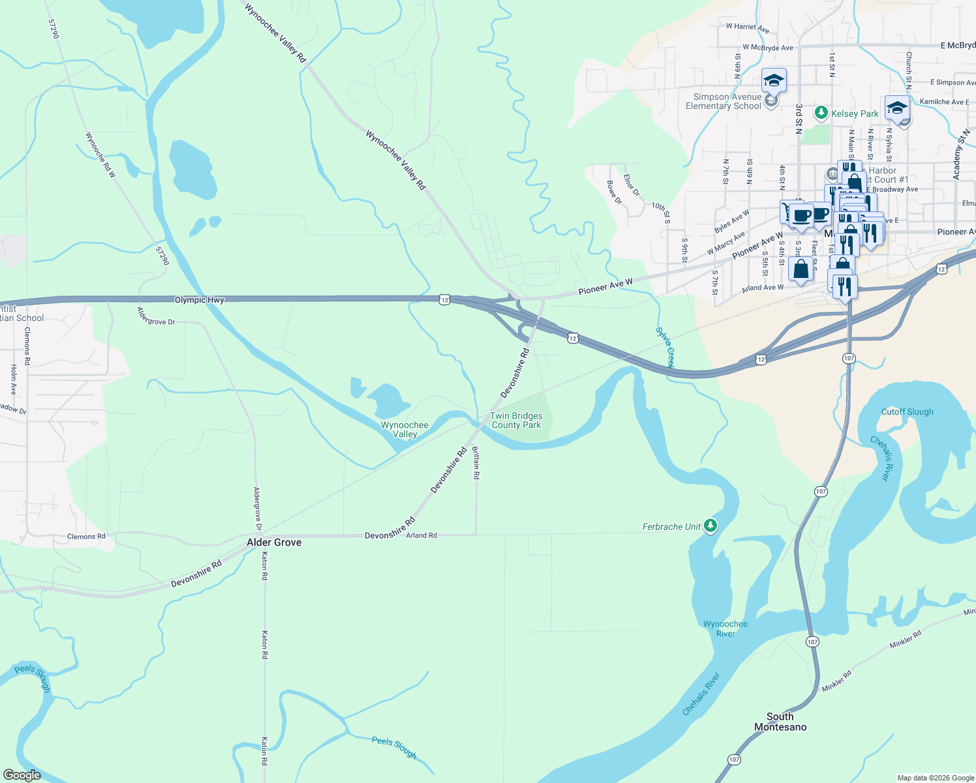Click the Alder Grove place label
click(x=274, y=542)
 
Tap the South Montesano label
click(x=780, y=722)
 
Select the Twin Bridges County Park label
click(x=516, y=420)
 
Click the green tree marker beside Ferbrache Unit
click(x=710, y=526)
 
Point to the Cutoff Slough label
click(x=907, y=412)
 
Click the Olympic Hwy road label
click(x=199, y=300)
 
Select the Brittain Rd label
click(x=476, y=463)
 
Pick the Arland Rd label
click(x=421, y=535)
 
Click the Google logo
click(x=22, y=775)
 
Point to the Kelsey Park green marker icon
click(x=821, y=113)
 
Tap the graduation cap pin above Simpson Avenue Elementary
click(x=774, y=80)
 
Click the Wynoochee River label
click(x=725, y=628)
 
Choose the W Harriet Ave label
click(x=747, y=27)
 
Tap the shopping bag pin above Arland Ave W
click(x=801, y=269)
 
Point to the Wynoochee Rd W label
click(x=100, y=155)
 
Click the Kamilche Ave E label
click(x=944, y=102)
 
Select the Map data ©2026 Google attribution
click(x=936, y=778)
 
